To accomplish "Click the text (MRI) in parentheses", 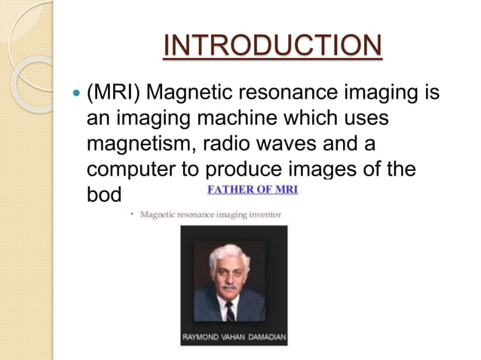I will [113, 95].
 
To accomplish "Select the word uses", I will [366, 120].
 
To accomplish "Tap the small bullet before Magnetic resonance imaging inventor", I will [132, 215].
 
